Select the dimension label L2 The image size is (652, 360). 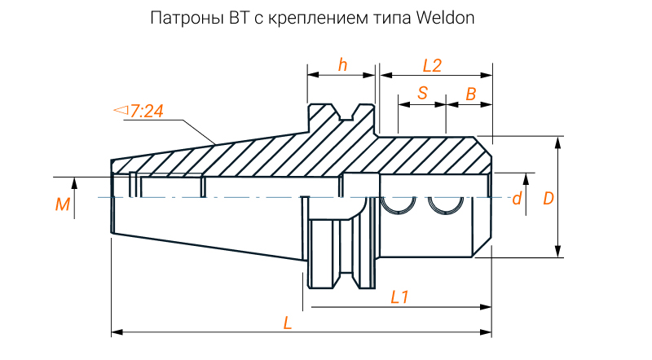pos(432,66)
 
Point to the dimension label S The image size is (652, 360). pos(422,93)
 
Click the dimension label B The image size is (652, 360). pos(470,94)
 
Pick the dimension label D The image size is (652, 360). pos(548,198)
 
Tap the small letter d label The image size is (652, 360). pos(516,199)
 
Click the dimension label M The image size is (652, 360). pos(62,204)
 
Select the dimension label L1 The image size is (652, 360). pos(400,296)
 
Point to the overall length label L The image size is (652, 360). pos(287,323)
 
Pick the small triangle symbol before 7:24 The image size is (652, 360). pos(121,109)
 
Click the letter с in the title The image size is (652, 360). pos(253,19)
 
